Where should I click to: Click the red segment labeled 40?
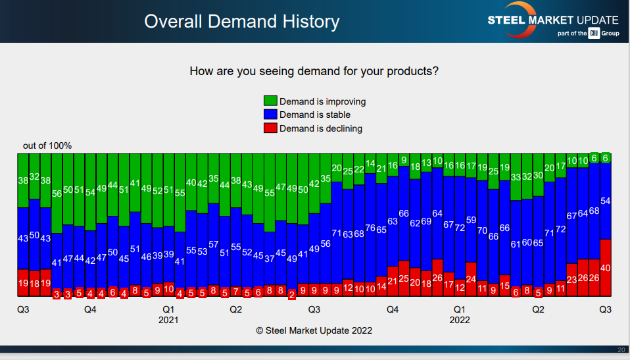[606, 268]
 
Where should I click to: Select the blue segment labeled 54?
[606, 201]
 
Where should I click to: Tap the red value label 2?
[291, 294]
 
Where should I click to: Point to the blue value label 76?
[370, 228]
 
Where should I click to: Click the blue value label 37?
[270, 259]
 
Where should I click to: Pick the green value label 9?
[404, 160]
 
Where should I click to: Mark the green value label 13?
[426, 163]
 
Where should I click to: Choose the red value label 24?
[471, 278]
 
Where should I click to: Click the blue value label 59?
[471, 220]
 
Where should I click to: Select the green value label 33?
[516, 177]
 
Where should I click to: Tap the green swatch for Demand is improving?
[270, 101]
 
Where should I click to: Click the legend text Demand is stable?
[315, 115]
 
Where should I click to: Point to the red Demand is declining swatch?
[270, 128]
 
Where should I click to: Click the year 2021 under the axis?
[168, 320]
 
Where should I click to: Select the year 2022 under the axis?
[460, 320]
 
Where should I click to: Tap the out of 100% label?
[47, 145]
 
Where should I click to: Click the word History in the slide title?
[307, 22]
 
